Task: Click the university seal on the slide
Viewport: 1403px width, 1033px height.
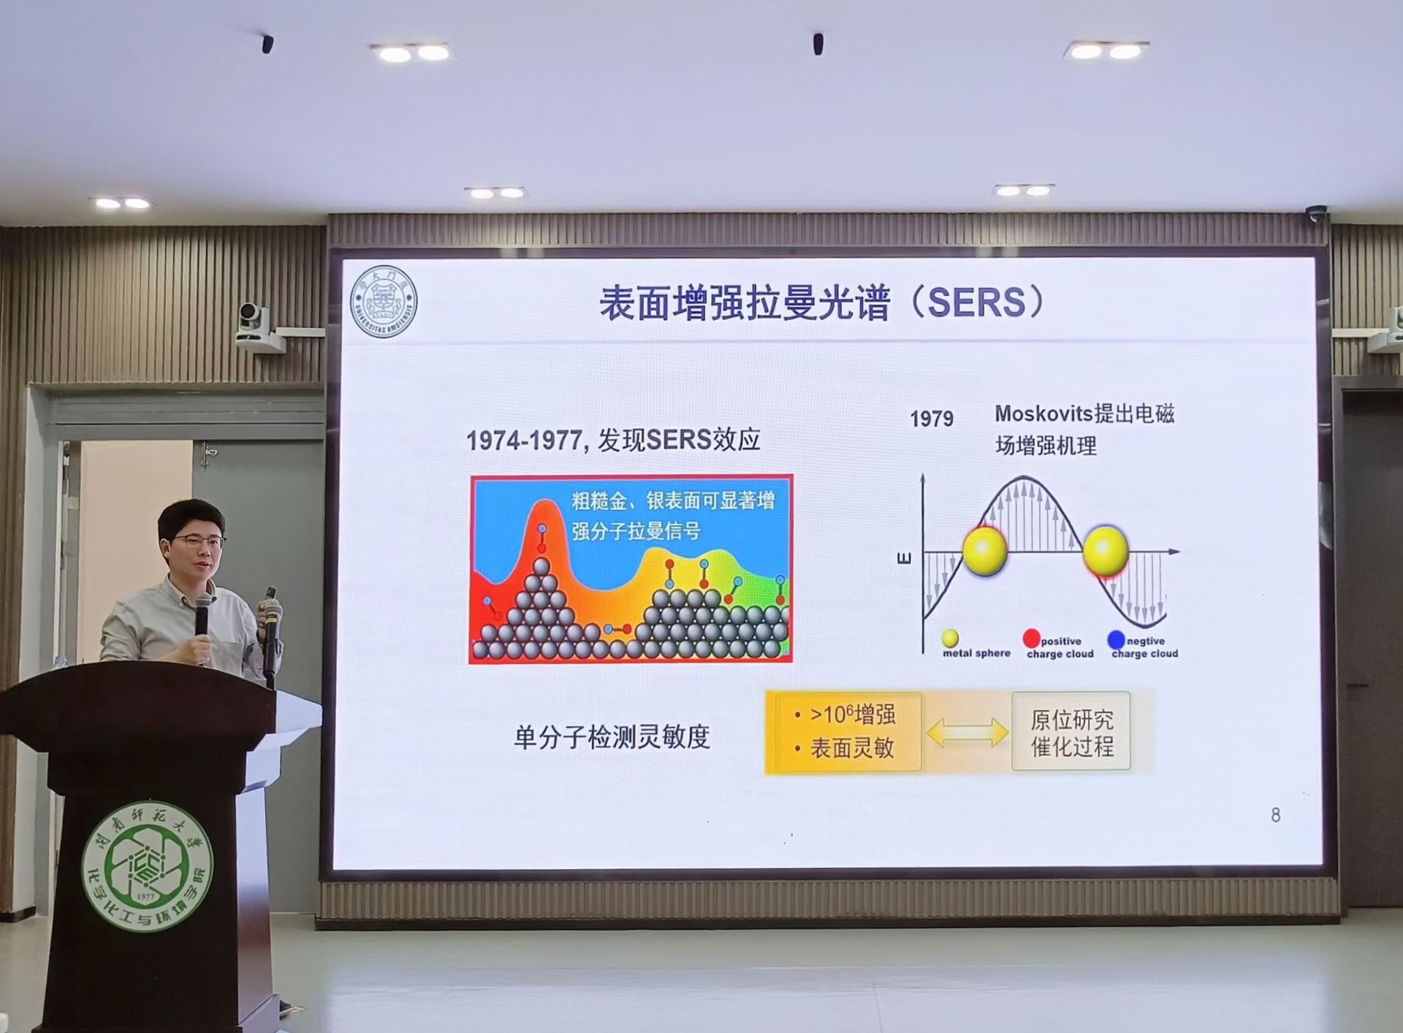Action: coord(384,301)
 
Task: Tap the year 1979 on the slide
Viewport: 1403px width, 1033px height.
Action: coord(931,419)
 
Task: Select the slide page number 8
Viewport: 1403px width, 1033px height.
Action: coord(1275,815)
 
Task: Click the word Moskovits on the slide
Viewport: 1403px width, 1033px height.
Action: coord(1041,413)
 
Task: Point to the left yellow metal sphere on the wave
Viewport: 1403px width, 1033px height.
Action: coord(985,551)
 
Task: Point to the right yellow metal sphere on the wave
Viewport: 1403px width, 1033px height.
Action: coord(1105,551)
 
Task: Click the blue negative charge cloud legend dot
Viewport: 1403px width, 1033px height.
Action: coord(1116,640)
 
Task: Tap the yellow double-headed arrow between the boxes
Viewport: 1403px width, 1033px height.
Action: coord(967,732)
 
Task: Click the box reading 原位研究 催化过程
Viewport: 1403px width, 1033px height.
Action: coord(1071,732)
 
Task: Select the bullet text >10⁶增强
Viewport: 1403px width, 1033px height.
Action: coord(852,714)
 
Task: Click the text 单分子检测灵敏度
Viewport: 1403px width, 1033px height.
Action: coord(612,737)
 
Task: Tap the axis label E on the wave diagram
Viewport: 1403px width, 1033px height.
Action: coord(904,559)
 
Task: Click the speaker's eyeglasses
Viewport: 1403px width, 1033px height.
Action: coord(198,541)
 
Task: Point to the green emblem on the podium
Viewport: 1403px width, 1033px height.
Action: coord(147,866)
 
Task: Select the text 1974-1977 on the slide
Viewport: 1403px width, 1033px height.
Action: coord(523,441)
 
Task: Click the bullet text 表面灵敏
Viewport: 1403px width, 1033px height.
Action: coord(852,748)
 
